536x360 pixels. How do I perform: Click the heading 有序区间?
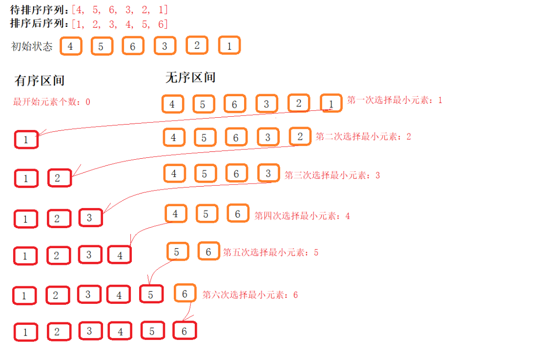coord(40,81)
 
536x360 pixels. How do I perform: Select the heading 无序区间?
coord(190,78)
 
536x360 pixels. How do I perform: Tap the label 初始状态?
coord(32,47)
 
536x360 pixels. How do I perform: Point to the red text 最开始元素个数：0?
coord(52,102)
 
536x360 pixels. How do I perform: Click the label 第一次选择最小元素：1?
coord(394,100)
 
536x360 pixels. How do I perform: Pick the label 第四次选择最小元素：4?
coord(302,215)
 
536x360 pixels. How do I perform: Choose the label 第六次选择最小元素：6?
coord(250,295)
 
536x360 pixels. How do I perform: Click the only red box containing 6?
coord(184,331)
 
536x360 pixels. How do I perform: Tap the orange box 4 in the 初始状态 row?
coord(71,46)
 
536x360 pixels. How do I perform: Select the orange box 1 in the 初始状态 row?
coord(229,46)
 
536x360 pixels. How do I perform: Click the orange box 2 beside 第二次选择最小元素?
coord(300,137)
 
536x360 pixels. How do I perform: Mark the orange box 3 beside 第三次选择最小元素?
coord(268,173)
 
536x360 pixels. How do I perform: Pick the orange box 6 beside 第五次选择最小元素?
coord(208,252)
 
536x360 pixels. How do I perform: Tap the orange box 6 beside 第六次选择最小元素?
coord(185,294)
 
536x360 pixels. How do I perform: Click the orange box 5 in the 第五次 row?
coord(177,252)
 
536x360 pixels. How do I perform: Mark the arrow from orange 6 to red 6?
coord(188,310)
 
